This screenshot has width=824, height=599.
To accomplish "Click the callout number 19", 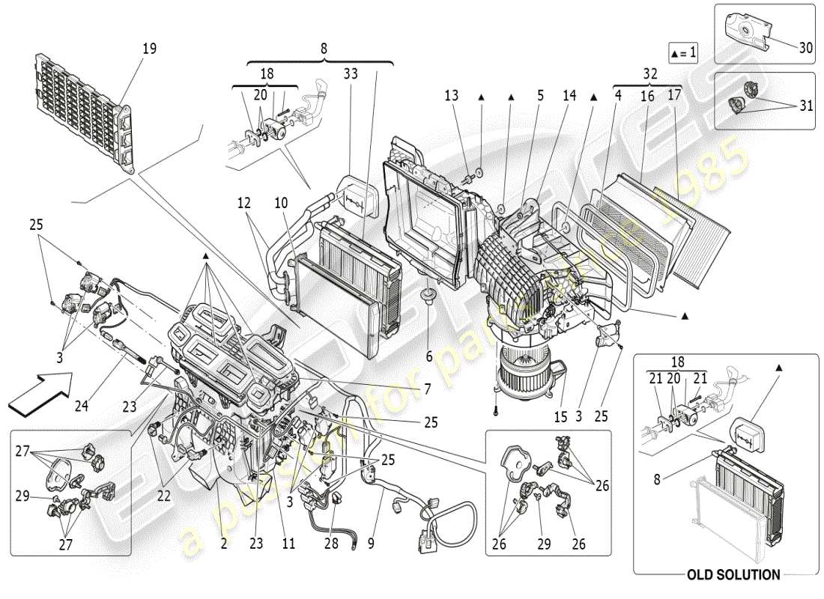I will pyautogui.click(x=149, y=49).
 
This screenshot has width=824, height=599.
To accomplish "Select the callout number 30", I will pyautogui.click(x=805, y=46).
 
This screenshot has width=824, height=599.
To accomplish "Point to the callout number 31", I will pyautogui.click(x=805, y=106).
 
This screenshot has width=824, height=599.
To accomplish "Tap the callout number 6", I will pyautogui.click(x=429, y=356).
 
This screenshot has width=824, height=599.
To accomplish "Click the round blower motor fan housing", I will pyautogui.click(x=524, y=367).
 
